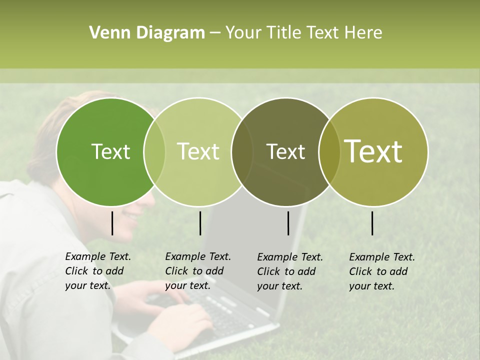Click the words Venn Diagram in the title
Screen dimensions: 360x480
147,33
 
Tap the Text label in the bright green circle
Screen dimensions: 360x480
110,152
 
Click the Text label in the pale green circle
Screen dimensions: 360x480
198,152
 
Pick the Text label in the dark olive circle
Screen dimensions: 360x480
285,152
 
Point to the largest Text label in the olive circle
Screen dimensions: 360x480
373,151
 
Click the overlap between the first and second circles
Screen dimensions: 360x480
154,152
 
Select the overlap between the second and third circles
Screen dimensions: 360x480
242,152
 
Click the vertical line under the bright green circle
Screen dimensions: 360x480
112,223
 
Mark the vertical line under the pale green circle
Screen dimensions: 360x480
200,223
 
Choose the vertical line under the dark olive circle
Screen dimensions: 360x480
288,223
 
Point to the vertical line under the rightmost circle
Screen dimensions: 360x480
372,223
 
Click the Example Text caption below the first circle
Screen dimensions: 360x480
98,271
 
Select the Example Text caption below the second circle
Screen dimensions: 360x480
198,271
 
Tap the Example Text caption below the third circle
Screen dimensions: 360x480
290,271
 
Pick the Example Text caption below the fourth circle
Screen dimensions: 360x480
382,271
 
